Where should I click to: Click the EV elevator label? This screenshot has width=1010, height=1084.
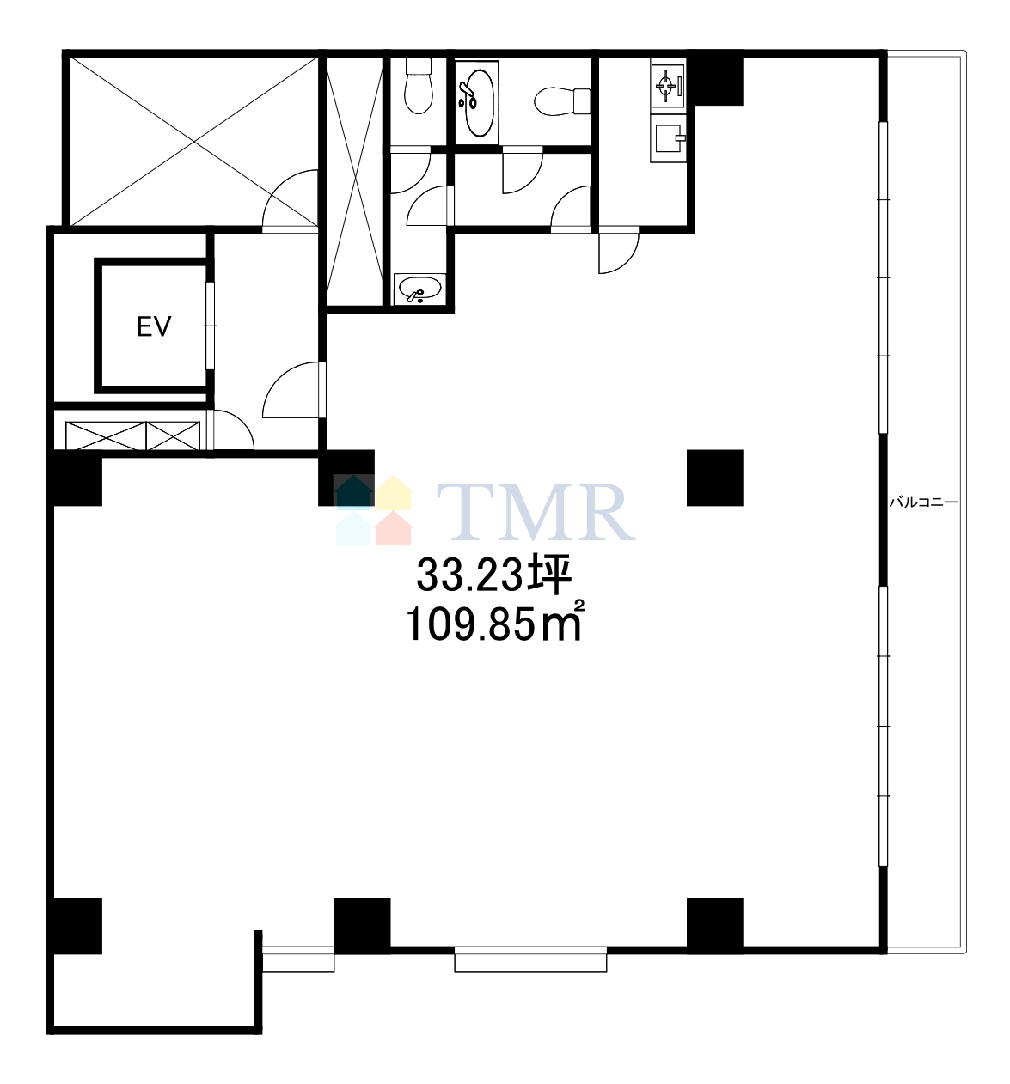(154, 326)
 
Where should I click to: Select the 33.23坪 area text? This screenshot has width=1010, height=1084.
(493, 575)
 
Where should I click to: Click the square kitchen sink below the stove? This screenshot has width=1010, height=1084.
(669, 138)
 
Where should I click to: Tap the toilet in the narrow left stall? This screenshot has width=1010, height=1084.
(419, 86)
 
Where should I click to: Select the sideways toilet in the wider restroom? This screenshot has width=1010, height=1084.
(562, 101)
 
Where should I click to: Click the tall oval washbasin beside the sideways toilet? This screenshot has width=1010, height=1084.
(479, 102)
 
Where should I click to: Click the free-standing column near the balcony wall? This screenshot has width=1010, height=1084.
(714, 478)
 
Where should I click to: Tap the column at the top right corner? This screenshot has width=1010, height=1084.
(715, 78)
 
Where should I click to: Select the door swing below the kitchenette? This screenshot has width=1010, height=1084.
(618, 253)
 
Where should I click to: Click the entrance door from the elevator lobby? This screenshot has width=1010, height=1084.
(293, 390)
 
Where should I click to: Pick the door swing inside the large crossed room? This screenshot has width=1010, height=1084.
(290, 198)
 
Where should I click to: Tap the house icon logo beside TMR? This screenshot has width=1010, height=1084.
(372, 510)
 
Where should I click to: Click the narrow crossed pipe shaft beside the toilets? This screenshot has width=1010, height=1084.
(354, 180)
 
